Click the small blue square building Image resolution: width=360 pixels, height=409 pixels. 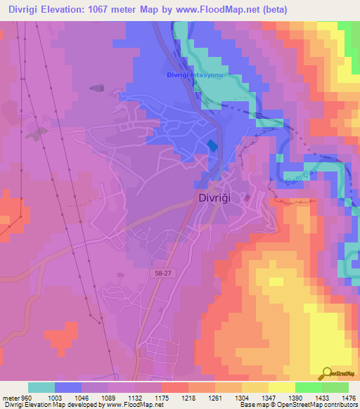(x=212, y=145)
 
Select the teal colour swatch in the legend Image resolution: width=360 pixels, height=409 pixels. (x=41, y=387)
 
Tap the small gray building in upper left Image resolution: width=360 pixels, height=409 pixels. (x=96, y=88)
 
